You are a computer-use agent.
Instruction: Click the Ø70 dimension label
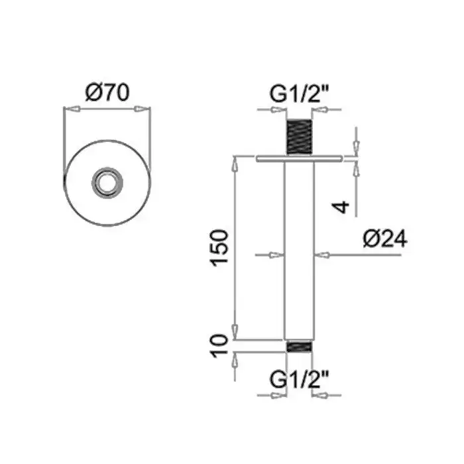pyautogui.click(x=107, y=92)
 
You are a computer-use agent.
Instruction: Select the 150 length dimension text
pyautogui.click(x=219, y=248)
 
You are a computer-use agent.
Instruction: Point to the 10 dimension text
pyautogui.click(x=219, y=345)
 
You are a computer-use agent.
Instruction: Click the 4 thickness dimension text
pyautogui.click(x=341, y=207)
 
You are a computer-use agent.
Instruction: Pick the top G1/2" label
pyautogui.click(x=299, y=94)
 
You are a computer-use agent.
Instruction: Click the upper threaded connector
pyautogui.click(x=299, y=137)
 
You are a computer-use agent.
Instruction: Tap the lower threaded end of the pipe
pyautogui.click(x=299, y=347)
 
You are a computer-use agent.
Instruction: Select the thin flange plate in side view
pyautogui.click(x=299, y=158)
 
